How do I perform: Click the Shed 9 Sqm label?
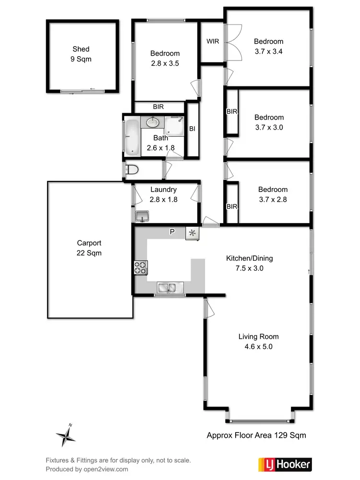pos(81,54)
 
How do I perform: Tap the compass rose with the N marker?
pos(66,436)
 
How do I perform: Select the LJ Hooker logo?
pos(285,464)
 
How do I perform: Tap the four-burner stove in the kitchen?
pos(141,267)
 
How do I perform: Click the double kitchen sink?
pos(167,288)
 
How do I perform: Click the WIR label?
pos(213,41)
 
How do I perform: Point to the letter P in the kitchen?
pos(171,232)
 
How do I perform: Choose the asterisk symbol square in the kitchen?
pos(192,233)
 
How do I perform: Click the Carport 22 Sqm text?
pos(89,248)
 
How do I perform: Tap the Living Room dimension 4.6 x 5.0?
pos(258,347)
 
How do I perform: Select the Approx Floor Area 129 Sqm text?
pos(256,435)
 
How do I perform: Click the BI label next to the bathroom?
pos(192,129)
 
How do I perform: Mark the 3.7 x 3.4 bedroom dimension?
pos(268,51)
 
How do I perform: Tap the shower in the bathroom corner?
pos(175,125)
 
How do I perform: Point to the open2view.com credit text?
pos(87,469)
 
